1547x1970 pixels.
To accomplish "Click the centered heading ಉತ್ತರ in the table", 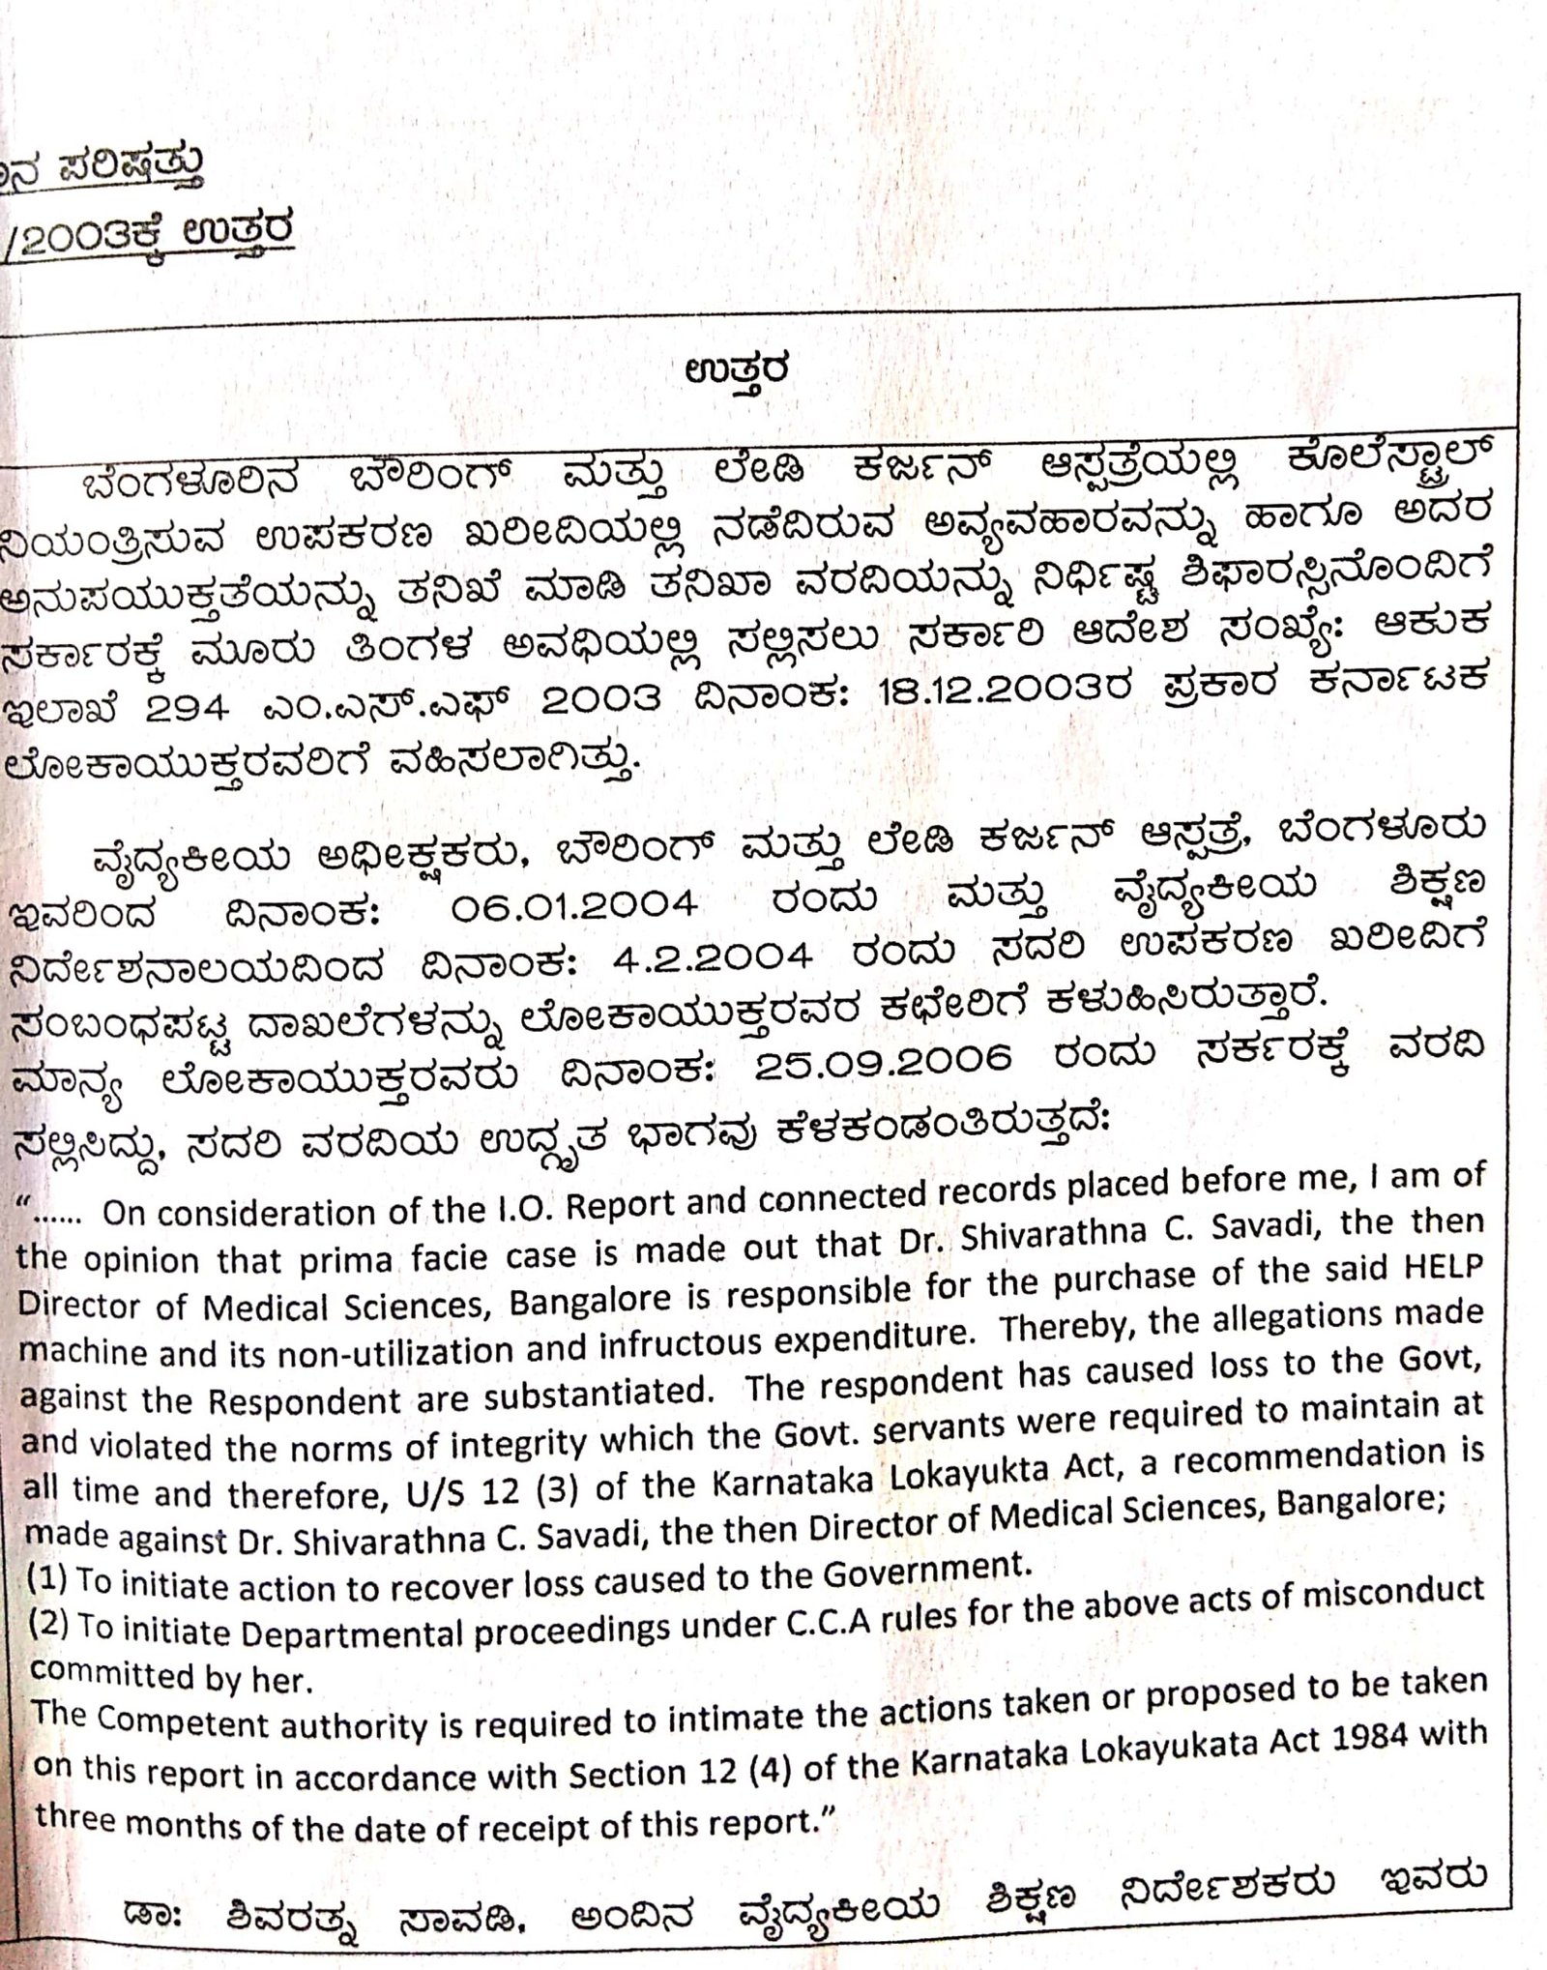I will [738, 370].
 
